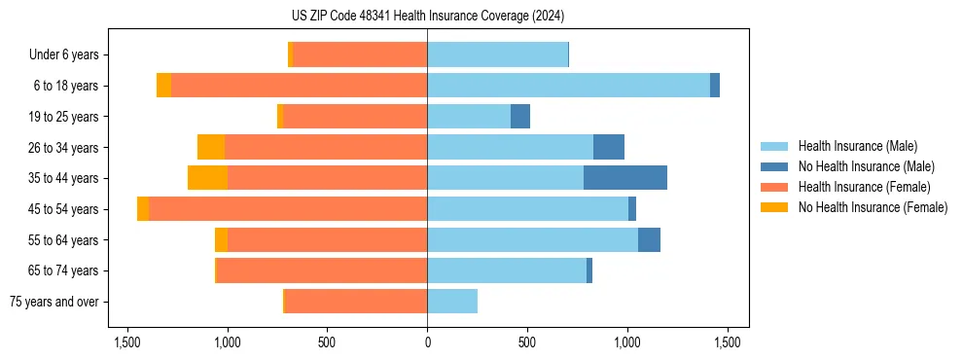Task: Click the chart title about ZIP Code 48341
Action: (428, 16)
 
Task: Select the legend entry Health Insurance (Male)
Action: (857, 146)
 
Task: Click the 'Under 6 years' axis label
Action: (63, 55)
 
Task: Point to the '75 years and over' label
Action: (53, 302)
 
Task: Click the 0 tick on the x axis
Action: (427, 342)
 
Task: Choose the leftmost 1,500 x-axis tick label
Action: (127, 342)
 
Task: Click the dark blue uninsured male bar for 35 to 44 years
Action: (625, 178)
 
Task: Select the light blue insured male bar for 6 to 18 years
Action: (568, 86)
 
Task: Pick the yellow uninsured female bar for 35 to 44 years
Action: (207, 178)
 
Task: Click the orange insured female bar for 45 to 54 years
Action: (288, 209)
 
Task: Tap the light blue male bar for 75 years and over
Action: (452, 302)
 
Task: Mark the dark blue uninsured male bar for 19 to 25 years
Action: (520, 117)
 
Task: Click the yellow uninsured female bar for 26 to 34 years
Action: (211, 147)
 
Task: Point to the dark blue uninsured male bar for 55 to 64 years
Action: (649, 239)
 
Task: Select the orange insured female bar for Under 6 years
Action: (360, 55)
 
